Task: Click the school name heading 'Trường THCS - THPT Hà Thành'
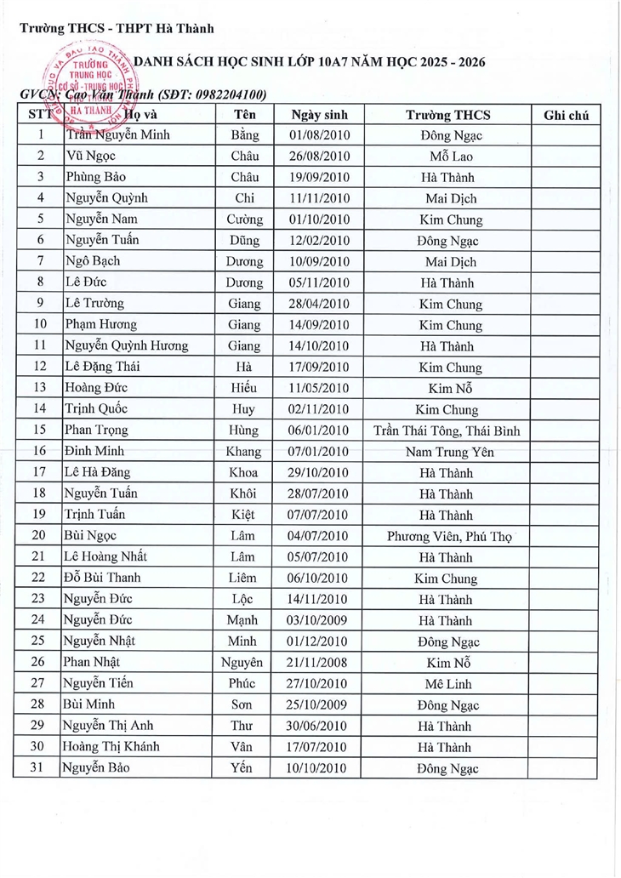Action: click(117, 28)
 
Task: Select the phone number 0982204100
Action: click(223, 94)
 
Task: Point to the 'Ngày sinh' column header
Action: click(315, 115)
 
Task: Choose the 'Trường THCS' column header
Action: click(447, 115)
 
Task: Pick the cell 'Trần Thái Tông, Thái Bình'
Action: click(447, 431)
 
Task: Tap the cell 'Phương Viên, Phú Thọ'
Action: click(447, 537)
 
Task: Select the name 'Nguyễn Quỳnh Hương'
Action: click(127, 346)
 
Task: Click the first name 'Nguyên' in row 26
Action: click(242, 663)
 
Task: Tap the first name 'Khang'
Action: click(242, 453)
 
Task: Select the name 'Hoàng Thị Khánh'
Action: click(111, 747)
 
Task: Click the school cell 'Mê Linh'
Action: click(447, 684)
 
